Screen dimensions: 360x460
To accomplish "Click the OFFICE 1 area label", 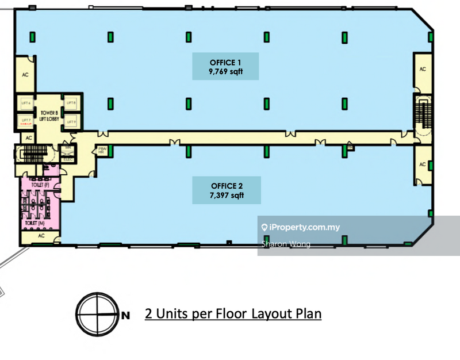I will tap(225, 66).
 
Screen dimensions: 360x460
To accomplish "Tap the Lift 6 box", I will tap(25, 103).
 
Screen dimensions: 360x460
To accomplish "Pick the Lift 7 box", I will tap(25, 120).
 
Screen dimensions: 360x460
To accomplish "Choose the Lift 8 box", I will tap(71, 103).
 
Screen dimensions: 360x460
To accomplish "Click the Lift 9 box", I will tap(71, 121).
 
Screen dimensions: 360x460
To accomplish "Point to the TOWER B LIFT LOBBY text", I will tap(48, 114).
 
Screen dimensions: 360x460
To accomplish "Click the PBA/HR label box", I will tap(102, 151).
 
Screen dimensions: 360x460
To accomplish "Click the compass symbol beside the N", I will tap(96, 315).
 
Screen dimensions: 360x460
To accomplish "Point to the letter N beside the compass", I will tap(125, 315).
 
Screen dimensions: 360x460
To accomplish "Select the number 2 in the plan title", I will tap(148, 314).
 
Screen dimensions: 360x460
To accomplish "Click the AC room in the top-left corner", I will tap(25, 75).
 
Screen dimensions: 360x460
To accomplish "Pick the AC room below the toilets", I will tap(41, 236).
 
